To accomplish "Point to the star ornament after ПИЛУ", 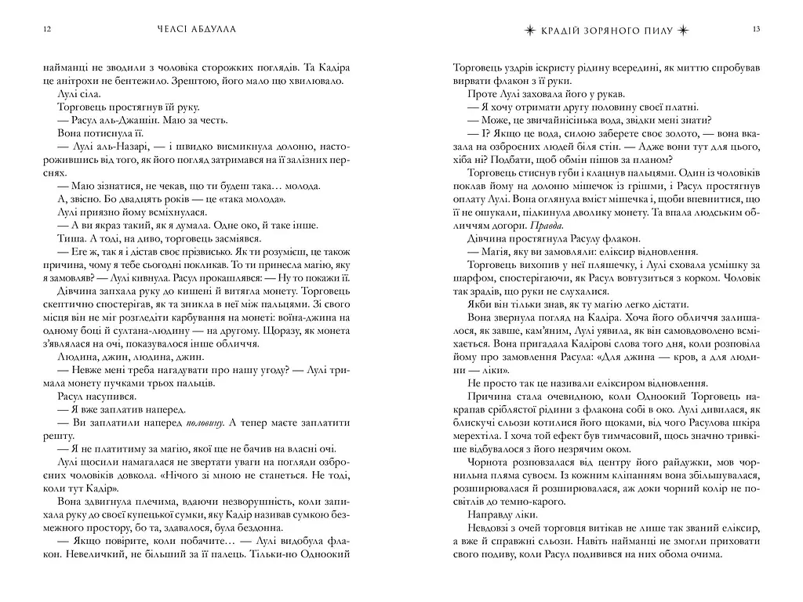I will click(x=687, y=29).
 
